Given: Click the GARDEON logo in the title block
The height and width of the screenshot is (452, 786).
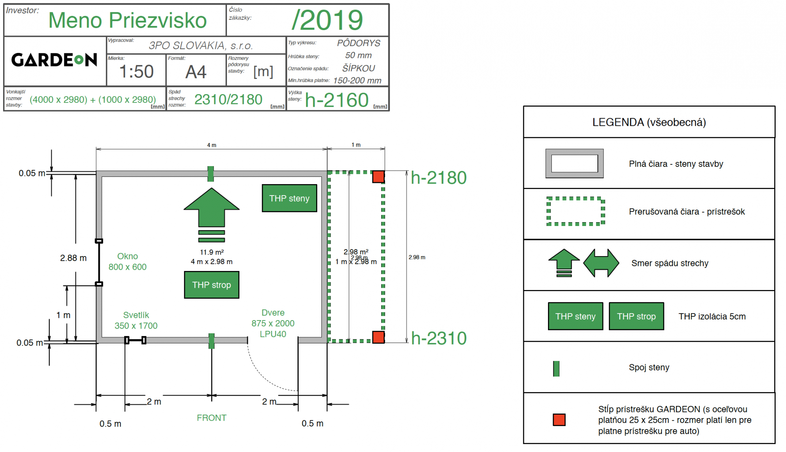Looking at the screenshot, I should click(54, 60).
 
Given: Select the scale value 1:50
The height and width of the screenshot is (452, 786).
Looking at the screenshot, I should click(136, 72).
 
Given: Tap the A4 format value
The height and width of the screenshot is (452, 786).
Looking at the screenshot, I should click(196, 72).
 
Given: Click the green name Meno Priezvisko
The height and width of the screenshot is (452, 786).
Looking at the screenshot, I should click(127, 20).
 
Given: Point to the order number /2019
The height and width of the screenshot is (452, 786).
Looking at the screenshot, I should click(327, 20).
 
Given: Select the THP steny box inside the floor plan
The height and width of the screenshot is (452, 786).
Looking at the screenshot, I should click(289, 198).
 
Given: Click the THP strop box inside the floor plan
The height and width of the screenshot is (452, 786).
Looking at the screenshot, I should click(211, 285).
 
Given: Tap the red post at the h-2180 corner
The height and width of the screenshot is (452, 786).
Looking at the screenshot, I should click(378, 177).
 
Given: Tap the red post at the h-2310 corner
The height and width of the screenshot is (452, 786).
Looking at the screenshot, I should click(378, 337).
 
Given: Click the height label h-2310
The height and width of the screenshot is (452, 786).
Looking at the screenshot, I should click(439, 338).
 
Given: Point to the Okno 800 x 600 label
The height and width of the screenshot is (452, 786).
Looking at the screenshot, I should click(127, 261).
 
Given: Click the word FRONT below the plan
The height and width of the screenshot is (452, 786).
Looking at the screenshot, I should click(211, 418).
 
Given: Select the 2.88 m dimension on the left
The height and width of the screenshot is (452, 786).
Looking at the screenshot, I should click(73, 258).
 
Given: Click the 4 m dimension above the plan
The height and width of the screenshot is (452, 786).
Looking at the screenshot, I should click(211, 145).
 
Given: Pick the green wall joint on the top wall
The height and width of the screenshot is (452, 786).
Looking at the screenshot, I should click(211, 174).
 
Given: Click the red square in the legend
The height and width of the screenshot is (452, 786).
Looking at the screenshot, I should click(559, 420).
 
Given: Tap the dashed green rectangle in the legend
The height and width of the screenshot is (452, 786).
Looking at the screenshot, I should click(575, 212).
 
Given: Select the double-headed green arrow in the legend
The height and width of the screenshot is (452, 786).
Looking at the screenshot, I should click(601, 263).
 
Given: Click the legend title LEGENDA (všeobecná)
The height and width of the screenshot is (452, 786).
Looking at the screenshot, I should click(649, 122).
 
